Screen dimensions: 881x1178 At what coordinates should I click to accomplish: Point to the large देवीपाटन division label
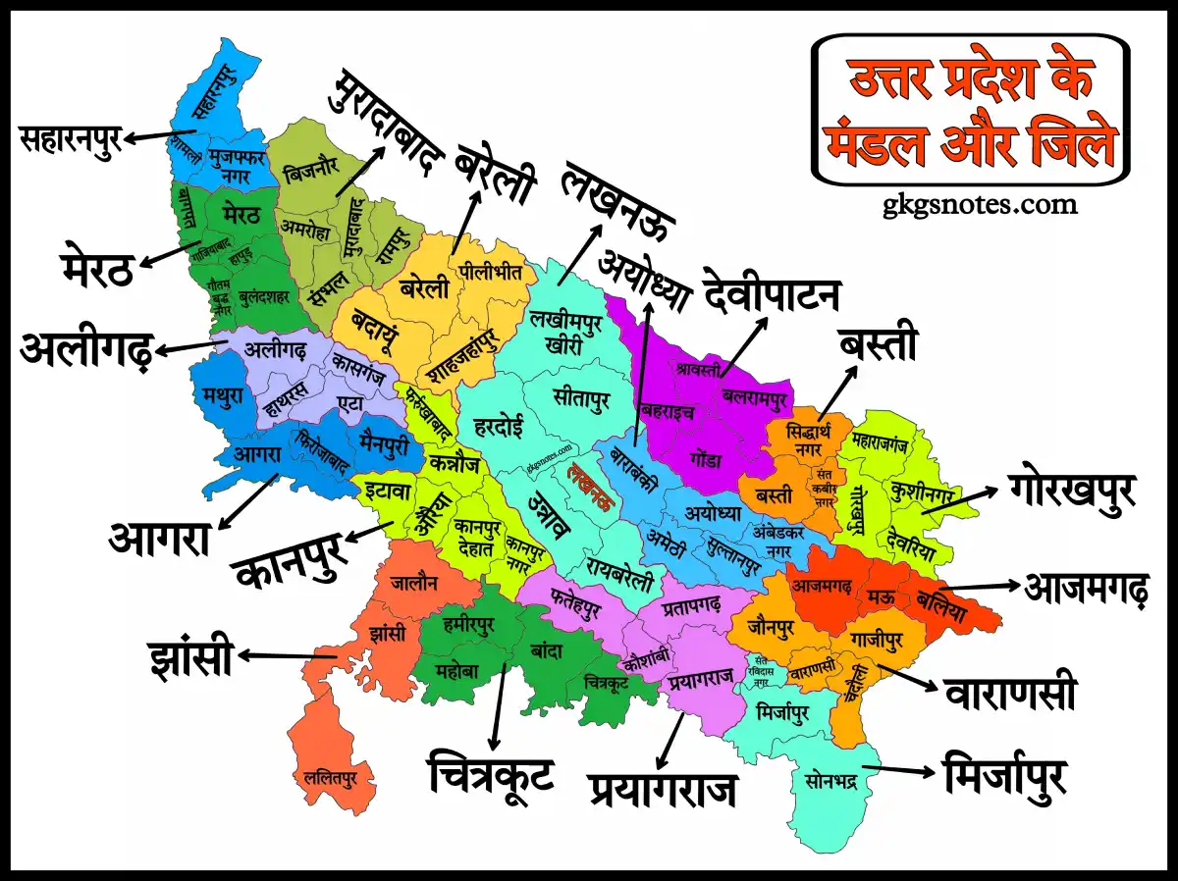pyautogui.click(x=772, y=295)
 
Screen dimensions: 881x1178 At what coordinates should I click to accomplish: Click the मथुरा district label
pyautogui.click(x=221, y=396)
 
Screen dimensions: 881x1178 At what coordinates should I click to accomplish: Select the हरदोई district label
pyautogui.click(x=499, y=427)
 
